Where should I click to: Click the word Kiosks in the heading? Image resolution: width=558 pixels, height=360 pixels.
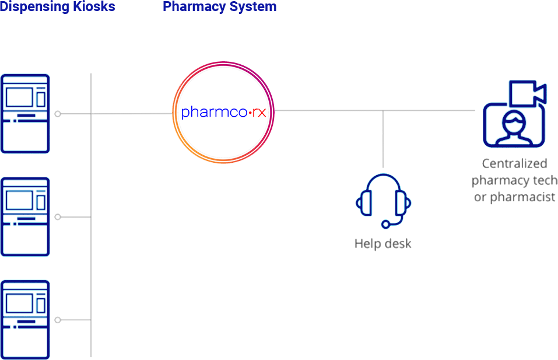[93, 7]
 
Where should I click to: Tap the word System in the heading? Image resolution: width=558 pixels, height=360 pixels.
[252, 7]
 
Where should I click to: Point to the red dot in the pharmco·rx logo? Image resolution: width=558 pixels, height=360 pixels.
[250, 113]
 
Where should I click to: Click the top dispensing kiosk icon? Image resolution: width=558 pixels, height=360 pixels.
[25, 114]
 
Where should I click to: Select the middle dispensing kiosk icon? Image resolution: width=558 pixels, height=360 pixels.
[25, 217]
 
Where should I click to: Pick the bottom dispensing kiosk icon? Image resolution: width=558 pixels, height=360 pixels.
[25, 320]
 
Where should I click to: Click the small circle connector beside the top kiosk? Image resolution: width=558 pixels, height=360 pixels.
[58, 114]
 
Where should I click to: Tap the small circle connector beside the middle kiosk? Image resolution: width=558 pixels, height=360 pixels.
[58, 217]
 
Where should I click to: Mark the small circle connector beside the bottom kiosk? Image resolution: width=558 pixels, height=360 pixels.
[58, 320]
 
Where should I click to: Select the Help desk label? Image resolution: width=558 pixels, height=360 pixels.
[383, 244]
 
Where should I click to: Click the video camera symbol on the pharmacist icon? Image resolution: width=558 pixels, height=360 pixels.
[527, 93]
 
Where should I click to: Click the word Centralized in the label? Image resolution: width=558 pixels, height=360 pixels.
[514, 163]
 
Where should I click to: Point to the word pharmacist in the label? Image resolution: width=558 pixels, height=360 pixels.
[522, 197]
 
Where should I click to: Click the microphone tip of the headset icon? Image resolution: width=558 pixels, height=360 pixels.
[385, 224]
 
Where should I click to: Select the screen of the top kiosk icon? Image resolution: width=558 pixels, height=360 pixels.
[19, 97]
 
